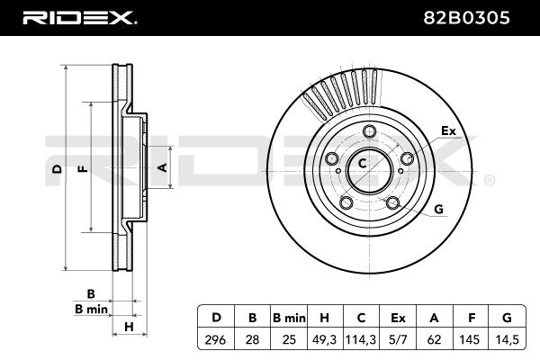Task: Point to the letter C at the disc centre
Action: (x=363, y=164)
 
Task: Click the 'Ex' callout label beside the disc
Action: (x=448, y=131)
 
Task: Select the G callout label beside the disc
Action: (x=438, y=210)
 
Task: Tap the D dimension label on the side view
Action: (x=57, y=168)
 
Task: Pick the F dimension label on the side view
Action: (x=83, y=168)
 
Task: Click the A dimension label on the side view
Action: (x=162, y=167)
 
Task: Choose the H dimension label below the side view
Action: (x=129, y=326)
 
